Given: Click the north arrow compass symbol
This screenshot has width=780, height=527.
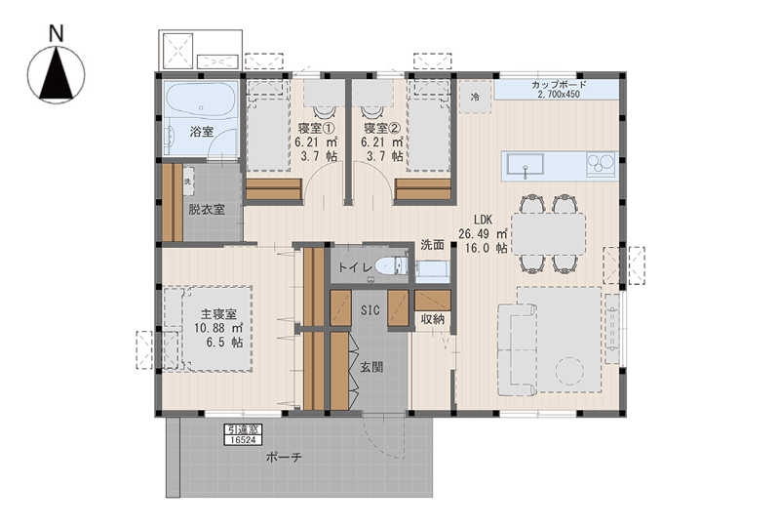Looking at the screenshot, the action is pyautogui.click(x=57, y=75).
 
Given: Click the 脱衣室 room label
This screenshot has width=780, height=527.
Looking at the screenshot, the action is pyautogui.click(x=207, y=209).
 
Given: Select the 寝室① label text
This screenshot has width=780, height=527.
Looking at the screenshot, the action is pyautogui.click(x=316, y=128).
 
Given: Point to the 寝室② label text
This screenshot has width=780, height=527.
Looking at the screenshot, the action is pyautogui.click(x=382, y=128).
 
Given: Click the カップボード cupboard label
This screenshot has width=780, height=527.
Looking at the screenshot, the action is pyautogui.click(x=559, y=85).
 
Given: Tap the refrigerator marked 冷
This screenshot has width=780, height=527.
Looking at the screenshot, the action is pyautogui.click(x=475, y=97).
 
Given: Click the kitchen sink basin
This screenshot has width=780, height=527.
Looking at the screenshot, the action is pyautogui.click(x=526, y=164).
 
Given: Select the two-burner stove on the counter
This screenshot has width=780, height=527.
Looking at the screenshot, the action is pyautogui.click(x=602, y=164).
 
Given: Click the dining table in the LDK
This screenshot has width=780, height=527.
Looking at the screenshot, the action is pyautogui.click(x=549, y=234).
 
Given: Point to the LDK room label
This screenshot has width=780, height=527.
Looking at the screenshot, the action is pyautogui.click(x=483, y=220).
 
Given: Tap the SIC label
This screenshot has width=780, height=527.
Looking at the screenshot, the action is pyautogui.click(x=370, y=310).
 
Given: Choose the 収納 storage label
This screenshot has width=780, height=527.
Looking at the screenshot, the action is pyautogui.click(x=432, y=319).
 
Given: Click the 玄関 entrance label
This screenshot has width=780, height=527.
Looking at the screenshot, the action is pyautogui.click(x=371, y=368).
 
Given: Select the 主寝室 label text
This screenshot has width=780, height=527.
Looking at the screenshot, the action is pyautogui.click(x=218, y=314).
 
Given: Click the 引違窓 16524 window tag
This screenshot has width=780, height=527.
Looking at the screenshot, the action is pyautogui.click(x=243, y=434).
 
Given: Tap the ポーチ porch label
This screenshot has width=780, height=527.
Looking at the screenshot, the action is pyautogui.click(x=284, y=457).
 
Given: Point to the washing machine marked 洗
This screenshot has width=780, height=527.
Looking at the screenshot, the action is pyautogui.click(x=188, y=182).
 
